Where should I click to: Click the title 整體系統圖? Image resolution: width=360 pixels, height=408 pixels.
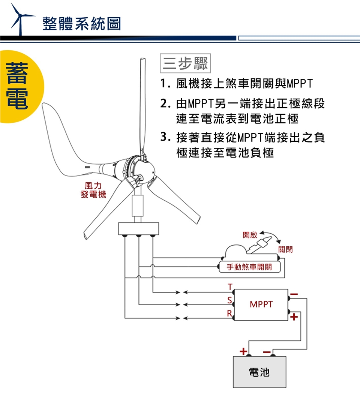[82, 23]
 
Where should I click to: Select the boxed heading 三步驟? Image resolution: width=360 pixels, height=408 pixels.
[185, 64]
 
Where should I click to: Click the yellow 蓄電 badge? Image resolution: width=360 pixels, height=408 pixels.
[17, 86]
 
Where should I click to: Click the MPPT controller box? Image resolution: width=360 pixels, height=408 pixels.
[261, 304]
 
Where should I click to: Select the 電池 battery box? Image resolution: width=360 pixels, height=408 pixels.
[259, 372]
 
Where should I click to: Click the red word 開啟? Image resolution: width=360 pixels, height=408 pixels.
[250, 235]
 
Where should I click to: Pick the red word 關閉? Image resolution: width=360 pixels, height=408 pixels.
[285, 249]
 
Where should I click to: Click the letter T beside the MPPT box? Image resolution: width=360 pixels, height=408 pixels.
[229, 287]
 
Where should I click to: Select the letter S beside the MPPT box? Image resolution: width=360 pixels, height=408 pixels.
[229, 300]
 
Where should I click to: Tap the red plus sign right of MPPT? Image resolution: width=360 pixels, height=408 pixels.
[294, 317]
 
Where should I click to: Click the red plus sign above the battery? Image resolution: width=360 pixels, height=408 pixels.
[243, 351]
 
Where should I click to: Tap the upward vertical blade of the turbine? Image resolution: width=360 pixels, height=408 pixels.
[142, 105]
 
